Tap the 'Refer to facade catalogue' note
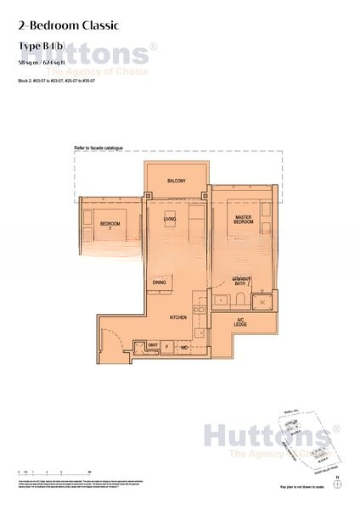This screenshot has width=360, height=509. (x=99, y=148)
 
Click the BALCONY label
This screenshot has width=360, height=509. (x=176, y=182)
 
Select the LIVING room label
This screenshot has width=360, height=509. (x=169, y=219)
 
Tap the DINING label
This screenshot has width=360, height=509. (x=159, y=282)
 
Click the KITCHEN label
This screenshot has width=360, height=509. (x=177, y=317)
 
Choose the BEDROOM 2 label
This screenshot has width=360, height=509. (x=110, y=226)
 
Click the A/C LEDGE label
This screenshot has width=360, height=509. (x=241, y=323)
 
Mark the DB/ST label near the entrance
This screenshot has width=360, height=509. (x=153, y=345)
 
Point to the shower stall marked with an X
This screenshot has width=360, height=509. (x=264, y=301)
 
